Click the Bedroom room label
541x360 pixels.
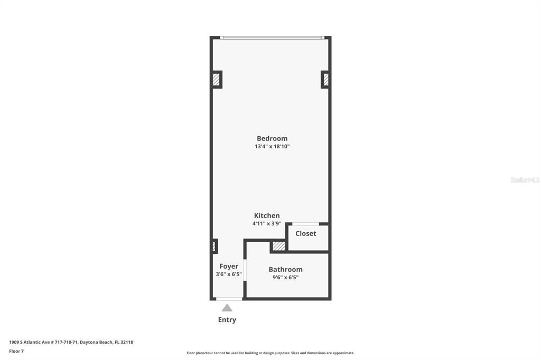(272, 138)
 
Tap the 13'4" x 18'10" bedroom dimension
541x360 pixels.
(272, 147)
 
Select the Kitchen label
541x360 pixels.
(267, 215)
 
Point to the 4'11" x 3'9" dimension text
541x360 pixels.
(267, 223)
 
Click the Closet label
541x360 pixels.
(306, 233)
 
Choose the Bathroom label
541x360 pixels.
(285, 269)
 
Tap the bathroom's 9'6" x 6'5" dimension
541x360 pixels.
(285, 277)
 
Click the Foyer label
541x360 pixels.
(229, 266)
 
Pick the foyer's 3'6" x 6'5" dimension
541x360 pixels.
(229, 274)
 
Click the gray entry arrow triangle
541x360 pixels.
(227, 308)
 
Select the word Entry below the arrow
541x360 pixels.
(227, 320)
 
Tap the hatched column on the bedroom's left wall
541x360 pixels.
(216, 79)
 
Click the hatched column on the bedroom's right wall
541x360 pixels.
(326, 79)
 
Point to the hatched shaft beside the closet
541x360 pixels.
(278, 246)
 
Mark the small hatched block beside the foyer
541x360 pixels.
(214, 246)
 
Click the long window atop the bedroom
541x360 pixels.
(271, 37)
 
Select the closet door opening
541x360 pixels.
(305, 224)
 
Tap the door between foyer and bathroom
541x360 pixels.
(245, 269)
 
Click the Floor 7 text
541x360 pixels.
(16, 351)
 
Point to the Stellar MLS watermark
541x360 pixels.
(525, 180)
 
